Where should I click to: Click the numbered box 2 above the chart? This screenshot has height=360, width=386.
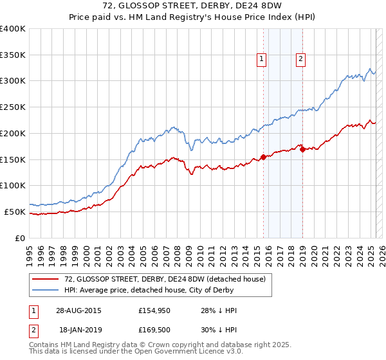click(x=300, y=59)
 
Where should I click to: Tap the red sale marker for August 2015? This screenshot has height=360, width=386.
click(x=263, y=156)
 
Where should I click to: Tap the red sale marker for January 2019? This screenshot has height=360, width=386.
click(x=302, y=150)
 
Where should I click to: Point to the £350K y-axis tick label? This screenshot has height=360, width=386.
click(x=13, y=55)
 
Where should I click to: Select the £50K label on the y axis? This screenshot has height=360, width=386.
click(x=15, y=212)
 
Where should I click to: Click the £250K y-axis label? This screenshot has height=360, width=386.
click(x=13, y=107)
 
